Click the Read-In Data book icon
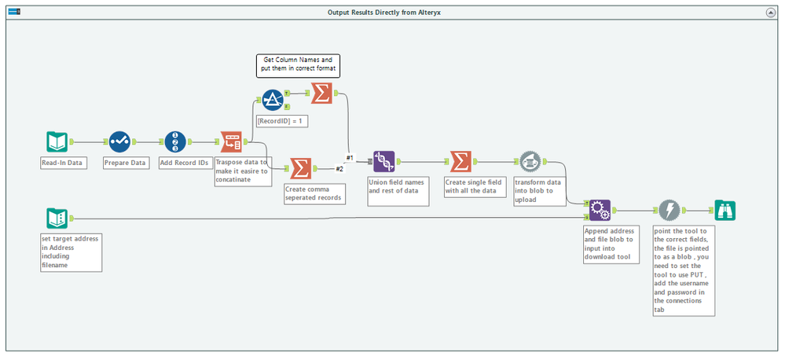(57, 141)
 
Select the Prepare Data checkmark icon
(119, 141)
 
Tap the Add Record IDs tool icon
(175, 141)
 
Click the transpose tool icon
(231, 141)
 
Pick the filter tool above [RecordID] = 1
(273, 100)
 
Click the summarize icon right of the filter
(321, 93)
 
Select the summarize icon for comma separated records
(300, 169)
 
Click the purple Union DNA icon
(384, 161)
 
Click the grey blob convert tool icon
(530, 161)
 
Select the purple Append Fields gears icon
(600, 211)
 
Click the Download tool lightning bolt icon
(669, 211)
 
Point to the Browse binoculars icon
(725, 211)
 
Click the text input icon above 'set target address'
(57, 219)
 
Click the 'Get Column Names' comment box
(299, 65)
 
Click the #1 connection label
(350, 158)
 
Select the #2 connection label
(339, 169)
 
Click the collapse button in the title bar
(771, 12)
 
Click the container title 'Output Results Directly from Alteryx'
(384, 12)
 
